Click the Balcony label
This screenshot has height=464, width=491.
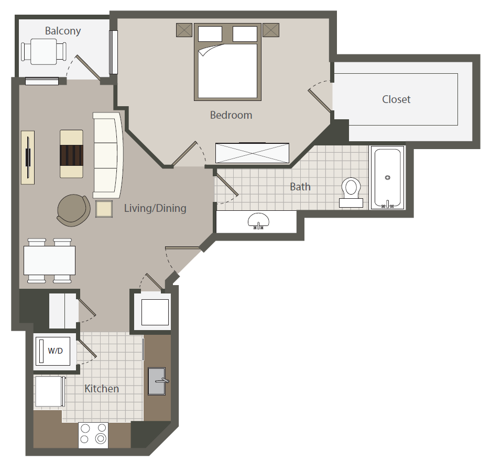click(x=63, y=31)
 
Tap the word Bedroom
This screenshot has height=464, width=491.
click(x=231, y=115)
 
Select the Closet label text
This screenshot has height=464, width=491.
click(x=396, y=99)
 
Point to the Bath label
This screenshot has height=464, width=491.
click(x=300, y=187)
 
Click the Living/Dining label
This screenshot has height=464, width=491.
click(x=155, y=208)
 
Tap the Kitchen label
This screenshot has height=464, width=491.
click(x=102, y=389)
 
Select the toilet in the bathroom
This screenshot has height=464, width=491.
click(x=351, y=193)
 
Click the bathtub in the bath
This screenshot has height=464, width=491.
click(x=387, y=177)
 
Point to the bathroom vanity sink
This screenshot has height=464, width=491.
click(x=258, y=221)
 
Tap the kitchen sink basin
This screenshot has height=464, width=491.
click(x=157, y=381)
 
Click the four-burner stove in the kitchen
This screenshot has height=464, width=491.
click(x=93, y=435)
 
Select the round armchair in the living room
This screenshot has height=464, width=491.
click(x=73, y=210)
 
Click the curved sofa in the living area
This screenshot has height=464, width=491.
click(x=108, y=155)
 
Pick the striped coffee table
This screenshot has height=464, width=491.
click(x=71, y=154)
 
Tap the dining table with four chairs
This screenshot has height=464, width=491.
click(x=49, y=261)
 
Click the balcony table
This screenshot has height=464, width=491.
click(x=44, y=52)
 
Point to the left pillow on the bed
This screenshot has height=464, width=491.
click(x=210, y=33)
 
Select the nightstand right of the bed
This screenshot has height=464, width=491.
click(x=271, y=30)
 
